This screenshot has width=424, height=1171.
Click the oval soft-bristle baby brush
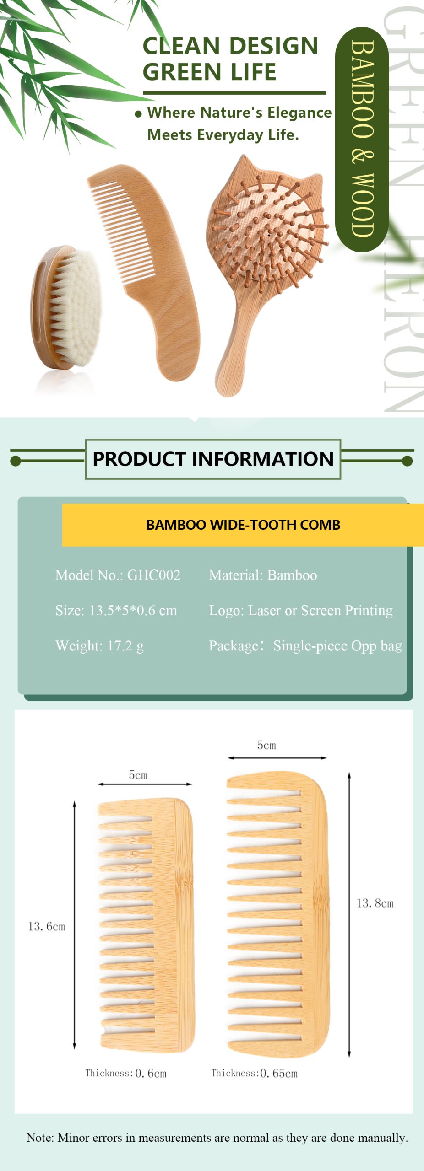point(65,307)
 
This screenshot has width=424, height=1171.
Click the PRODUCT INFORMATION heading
point(213,459)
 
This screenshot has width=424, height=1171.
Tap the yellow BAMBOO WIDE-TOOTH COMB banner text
point(243,525)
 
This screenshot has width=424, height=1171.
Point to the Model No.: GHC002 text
point(118,575)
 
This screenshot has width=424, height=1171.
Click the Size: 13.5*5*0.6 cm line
point(116,610)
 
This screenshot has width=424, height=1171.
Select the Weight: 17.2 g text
point(99,646)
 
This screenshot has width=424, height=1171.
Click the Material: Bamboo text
point(263,575)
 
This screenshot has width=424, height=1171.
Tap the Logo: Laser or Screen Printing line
point(301,610)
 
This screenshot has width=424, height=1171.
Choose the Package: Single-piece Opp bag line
point(305,646)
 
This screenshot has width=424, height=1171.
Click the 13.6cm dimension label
point(47,926)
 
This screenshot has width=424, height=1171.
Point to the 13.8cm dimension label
point(375,903)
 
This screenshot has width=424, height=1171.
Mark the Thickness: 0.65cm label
point(254,1073)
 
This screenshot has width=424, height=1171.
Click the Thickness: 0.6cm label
point(126,1073)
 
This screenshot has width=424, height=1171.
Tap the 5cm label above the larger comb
point(266,745)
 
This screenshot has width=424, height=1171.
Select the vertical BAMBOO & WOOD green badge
point(362,139)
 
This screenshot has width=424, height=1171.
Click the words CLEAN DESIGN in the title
point(230,46)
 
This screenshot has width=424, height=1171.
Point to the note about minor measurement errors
point(217,1138)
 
